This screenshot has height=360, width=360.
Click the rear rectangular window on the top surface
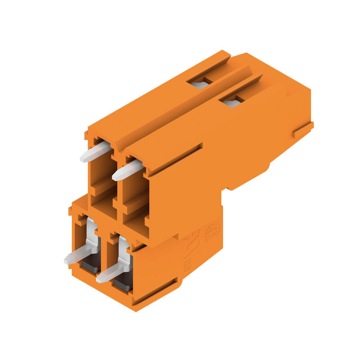[200, 83]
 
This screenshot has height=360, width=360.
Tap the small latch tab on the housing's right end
[302, 130]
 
